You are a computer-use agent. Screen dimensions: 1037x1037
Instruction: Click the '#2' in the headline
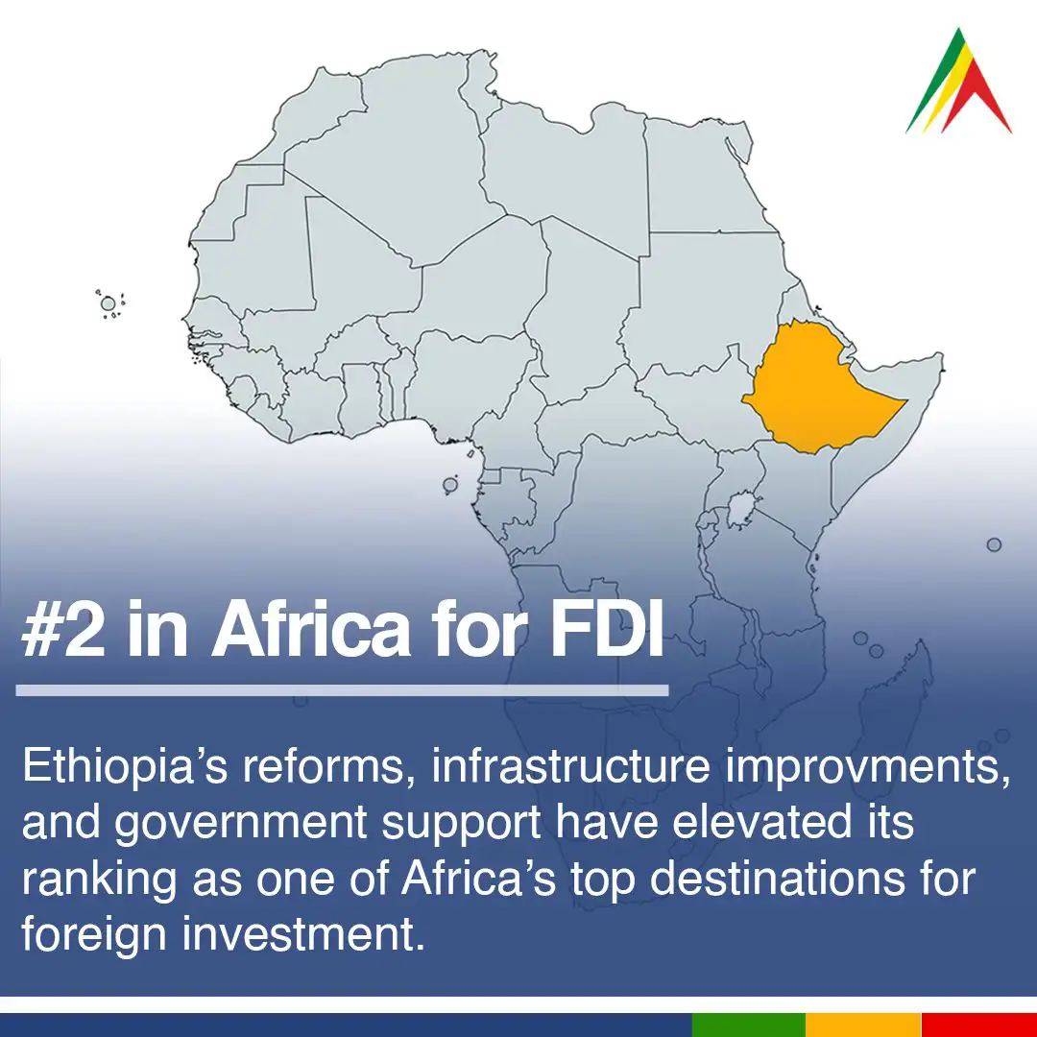coord(63,628)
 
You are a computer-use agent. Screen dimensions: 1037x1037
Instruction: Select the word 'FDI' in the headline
coord(607,628)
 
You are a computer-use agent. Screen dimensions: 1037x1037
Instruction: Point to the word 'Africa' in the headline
coord(311,628)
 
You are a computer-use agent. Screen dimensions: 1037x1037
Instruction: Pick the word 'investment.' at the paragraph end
coord(303,934)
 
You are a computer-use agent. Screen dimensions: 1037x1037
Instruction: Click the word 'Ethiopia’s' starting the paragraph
coord(125,767)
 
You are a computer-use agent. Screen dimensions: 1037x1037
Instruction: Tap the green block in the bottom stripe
coord(749,1025)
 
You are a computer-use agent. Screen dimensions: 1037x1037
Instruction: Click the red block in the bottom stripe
coord(978,1025)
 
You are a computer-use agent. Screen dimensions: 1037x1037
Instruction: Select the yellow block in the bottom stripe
coord(864,1025)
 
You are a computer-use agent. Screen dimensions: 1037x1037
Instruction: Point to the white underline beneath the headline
coord(342,690)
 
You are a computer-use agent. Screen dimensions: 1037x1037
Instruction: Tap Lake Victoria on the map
coord(740,509)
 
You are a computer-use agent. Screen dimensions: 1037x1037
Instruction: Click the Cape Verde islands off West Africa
coord(109,304)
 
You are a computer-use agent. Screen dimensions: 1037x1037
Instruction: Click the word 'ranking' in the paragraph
coord(99,880)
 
